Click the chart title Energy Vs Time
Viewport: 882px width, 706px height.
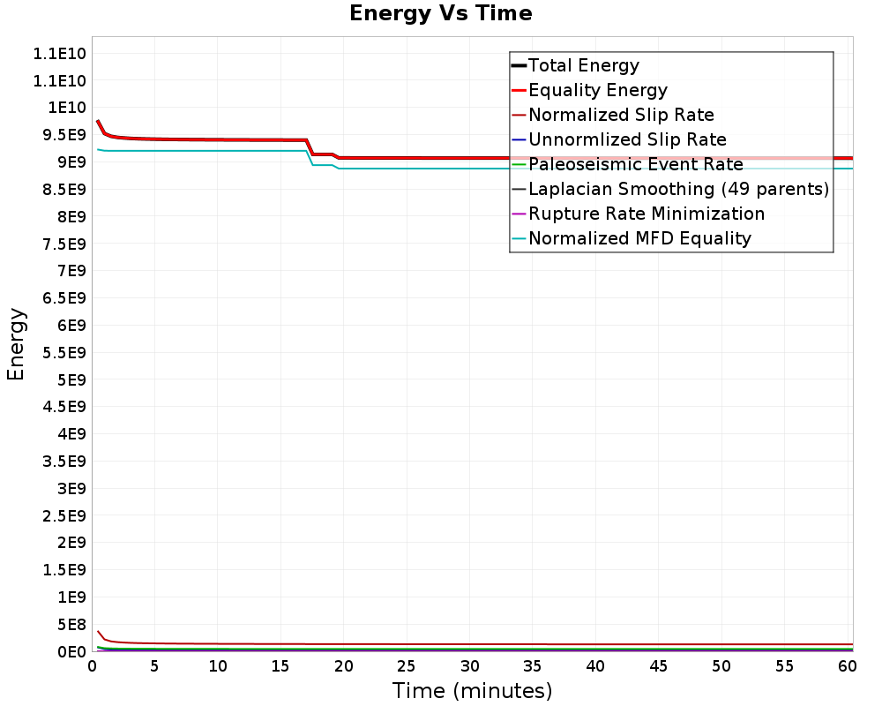click(x=440, y=13)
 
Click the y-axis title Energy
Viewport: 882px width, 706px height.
click(x=16, y=343)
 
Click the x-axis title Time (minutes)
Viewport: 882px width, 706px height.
click(x=472, y=690)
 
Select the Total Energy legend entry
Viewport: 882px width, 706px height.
click(x=583, y=65)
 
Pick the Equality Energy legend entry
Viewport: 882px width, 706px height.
click(x=597, y=90)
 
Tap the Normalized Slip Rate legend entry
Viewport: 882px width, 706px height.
click(x=621, y=115)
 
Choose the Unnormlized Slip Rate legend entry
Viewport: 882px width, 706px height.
click(x=627, y=139)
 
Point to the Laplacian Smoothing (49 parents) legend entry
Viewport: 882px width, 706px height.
click(x=678, y=189)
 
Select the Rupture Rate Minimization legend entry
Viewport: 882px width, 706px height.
click(x=647, y=214)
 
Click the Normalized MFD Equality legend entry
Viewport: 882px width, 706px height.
click(x=639, y=238)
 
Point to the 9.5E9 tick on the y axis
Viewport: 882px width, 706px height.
click(x=59, y=135)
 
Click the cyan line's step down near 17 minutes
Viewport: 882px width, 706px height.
click(x=310, y=158)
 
